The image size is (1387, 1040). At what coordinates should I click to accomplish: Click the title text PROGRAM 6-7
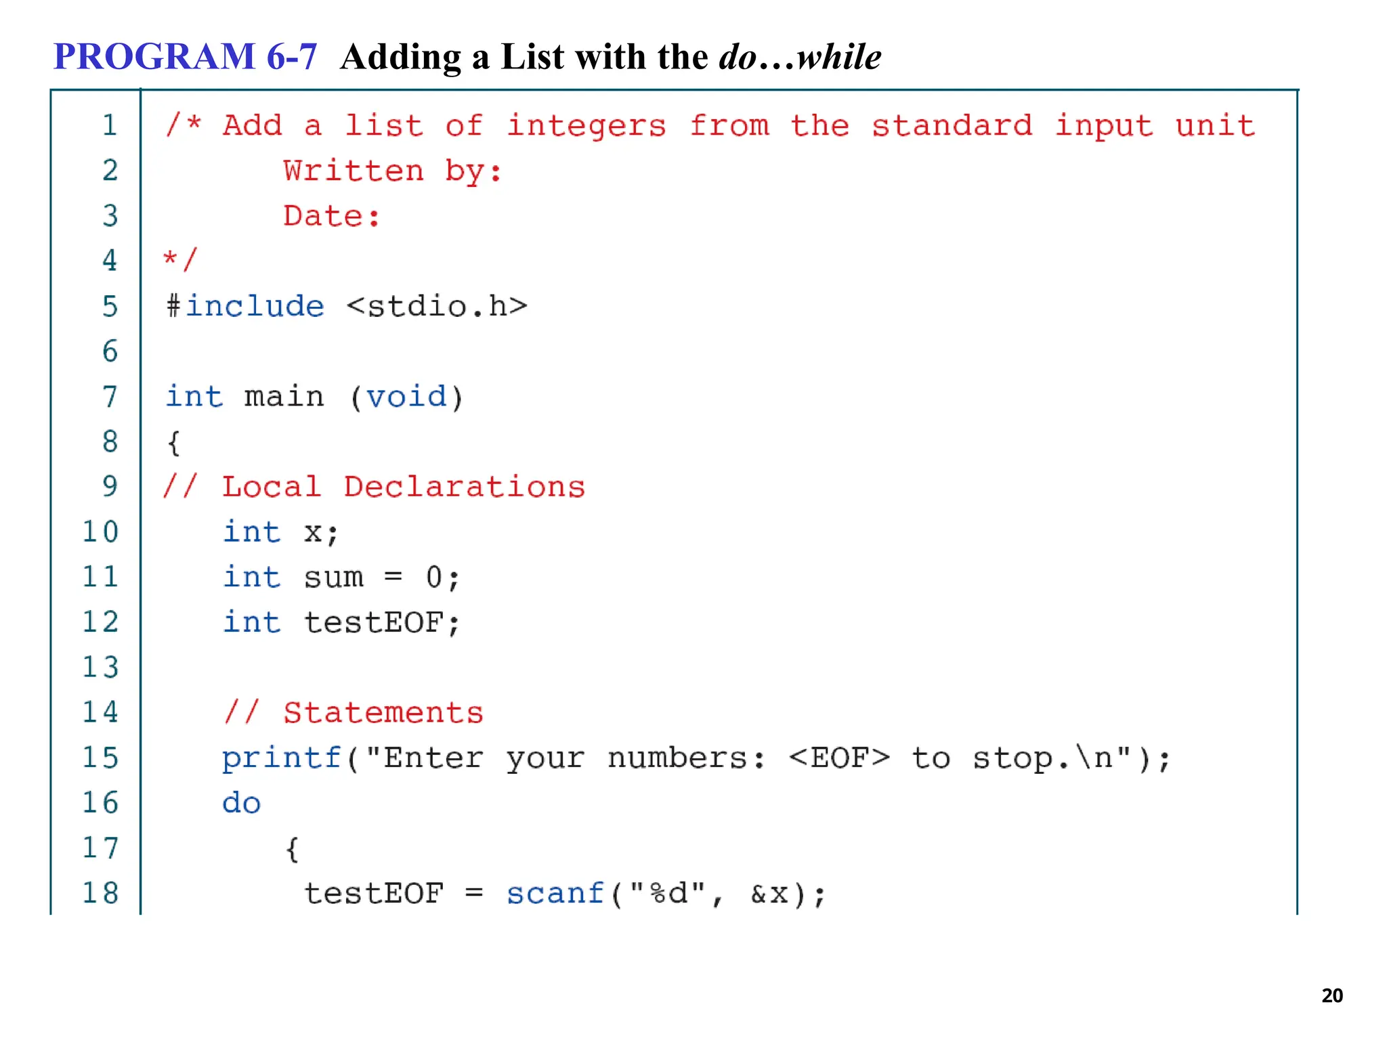click(185, 56)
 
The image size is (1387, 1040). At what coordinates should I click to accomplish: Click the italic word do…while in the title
click(800, 57)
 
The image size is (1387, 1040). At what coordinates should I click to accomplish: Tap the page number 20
click(1331, 995)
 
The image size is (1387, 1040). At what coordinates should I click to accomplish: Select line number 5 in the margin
click(110, 306)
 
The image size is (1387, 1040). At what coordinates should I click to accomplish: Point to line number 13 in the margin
click(100, 667)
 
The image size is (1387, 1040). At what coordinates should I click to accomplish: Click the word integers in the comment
click(586, 126)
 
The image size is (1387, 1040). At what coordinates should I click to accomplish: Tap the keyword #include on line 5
click(245, 306)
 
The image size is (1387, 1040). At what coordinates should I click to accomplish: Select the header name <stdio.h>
click(437, 306)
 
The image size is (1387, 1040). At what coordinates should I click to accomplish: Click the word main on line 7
click(284, 397)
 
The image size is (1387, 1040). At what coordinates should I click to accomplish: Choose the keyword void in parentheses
click(406, 397)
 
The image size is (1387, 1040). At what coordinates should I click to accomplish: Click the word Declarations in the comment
click(464, 487)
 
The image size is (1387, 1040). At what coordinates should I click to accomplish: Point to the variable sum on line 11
click(333, 578)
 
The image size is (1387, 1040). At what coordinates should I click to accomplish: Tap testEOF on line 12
click(374, 623)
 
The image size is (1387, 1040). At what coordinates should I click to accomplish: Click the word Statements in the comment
click(383, 713)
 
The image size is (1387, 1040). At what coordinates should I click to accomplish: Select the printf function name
click(282, 758)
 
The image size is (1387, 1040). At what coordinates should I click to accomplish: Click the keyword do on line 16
click(242, 803)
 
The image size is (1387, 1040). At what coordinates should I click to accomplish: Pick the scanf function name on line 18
click(555, 894)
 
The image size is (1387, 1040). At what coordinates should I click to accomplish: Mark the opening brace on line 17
click(292, 849)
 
